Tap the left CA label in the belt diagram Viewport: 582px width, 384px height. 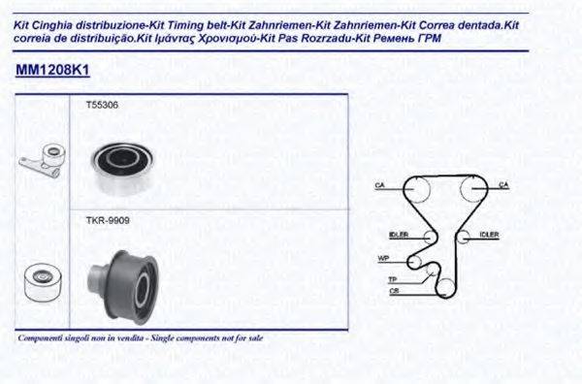(381, 184)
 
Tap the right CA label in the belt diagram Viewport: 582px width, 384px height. (503, 184)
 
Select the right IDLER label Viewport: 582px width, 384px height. (489, 235)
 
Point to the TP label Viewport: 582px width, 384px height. (393, 279)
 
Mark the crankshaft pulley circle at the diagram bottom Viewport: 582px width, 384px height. (445, 286)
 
